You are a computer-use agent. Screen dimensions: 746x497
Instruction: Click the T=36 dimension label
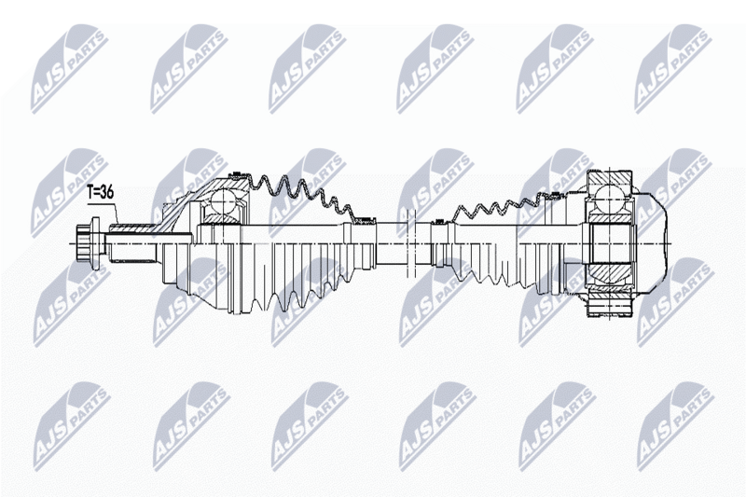101,192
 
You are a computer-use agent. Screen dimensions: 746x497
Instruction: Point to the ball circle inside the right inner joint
610,200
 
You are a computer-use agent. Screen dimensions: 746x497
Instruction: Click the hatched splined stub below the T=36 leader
132,228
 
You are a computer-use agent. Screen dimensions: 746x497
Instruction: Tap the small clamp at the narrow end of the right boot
437,221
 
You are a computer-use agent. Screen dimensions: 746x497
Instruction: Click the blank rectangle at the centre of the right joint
612,243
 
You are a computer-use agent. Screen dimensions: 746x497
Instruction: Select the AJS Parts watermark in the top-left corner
69,69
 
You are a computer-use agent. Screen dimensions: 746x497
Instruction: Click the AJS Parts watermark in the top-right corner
673,69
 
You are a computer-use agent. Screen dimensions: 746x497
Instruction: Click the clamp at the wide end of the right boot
554,193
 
